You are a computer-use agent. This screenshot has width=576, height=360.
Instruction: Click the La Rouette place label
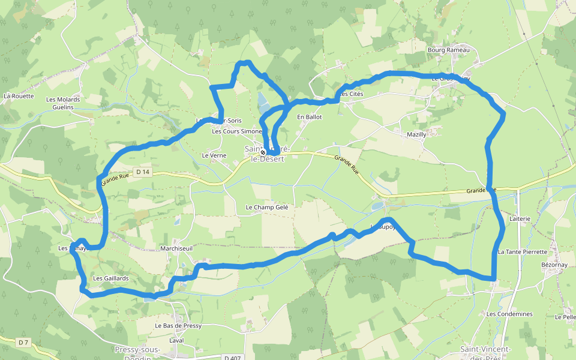(19, 96)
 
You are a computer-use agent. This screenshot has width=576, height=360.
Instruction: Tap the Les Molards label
(63, 100)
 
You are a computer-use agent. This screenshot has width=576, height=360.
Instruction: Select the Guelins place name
(63, 107)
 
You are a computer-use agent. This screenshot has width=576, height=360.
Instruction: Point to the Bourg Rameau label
(448, 50)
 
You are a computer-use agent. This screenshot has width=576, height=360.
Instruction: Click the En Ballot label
(310, 117)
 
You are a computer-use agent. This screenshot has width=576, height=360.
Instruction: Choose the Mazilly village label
(416, 134)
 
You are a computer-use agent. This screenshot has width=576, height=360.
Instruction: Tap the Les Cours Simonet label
(237, 131)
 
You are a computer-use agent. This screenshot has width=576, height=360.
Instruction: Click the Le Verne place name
(214, 155)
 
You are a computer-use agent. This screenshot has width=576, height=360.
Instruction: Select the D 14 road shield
(142, 172)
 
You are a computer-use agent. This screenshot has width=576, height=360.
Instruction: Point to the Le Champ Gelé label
(267, 207)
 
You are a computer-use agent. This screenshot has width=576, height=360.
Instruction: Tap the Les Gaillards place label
(111, 278)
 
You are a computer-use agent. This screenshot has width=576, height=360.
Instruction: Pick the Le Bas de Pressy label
(178, 326)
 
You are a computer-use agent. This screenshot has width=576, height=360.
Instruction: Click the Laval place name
(176, 340)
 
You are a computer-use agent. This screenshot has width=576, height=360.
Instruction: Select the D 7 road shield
(23, 343)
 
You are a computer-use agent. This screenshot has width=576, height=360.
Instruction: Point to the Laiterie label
(520, 219)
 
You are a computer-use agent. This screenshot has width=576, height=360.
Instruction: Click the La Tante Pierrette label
(523, 252)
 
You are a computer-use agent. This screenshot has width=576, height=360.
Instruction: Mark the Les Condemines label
(509, 314)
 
